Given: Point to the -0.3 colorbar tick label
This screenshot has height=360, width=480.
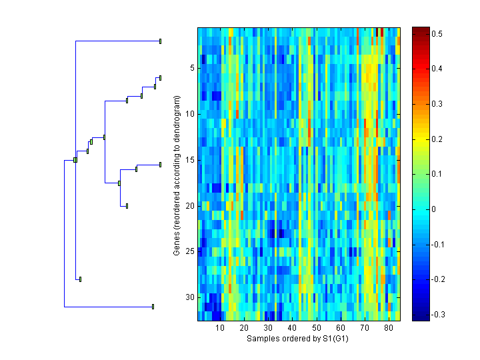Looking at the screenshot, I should click(x=440, y=314).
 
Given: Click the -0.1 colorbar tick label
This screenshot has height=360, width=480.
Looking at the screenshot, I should click(x=440, y=244).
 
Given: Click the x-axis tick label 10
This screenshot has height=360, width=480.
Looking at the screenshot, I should click(x=220, y=329).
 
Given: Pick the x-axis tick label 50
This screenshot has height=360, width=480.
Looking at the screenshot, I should click(x=317, y=329).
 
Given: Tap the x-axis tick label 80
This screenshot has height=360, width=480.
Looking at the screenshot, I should click(x=389, y=329).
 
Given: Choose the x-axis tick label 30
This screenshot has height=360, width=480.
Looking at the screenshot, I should click(x=268, y=329).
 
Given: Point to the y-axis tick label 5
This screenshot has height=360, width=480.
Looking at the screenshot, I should click(x=191, y=68).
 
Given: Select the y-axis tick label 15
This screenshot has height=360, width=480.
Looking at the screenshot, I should click(x=189, y=160).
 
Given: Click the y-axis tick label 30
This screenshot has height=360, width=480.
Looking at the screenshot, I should click(x=189, y=297).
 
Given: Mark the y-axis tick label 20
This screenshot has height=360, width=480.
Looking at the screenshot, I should click(x=189, y=205).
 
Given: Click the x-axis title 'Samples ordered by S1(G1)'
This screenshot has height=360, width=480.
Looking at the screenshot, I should click(x=298, y=339).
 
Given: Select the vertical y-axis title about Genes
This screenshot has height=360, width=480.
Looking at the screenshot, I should click(x=177, y=176).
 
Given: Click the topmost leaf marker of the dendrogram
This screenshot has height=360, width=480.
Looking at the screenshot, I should click(x=160, y=41).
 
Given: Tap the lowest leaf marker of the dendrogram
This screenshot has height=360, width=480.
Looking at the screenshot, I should click(x=153, y=307).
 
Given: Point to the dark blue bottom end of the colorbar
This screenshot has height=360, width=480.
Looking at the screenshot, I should click(x=421, y=317).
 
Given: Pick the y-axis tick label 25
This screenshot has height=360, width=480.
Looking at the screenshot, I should click(x=189, y=251).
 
